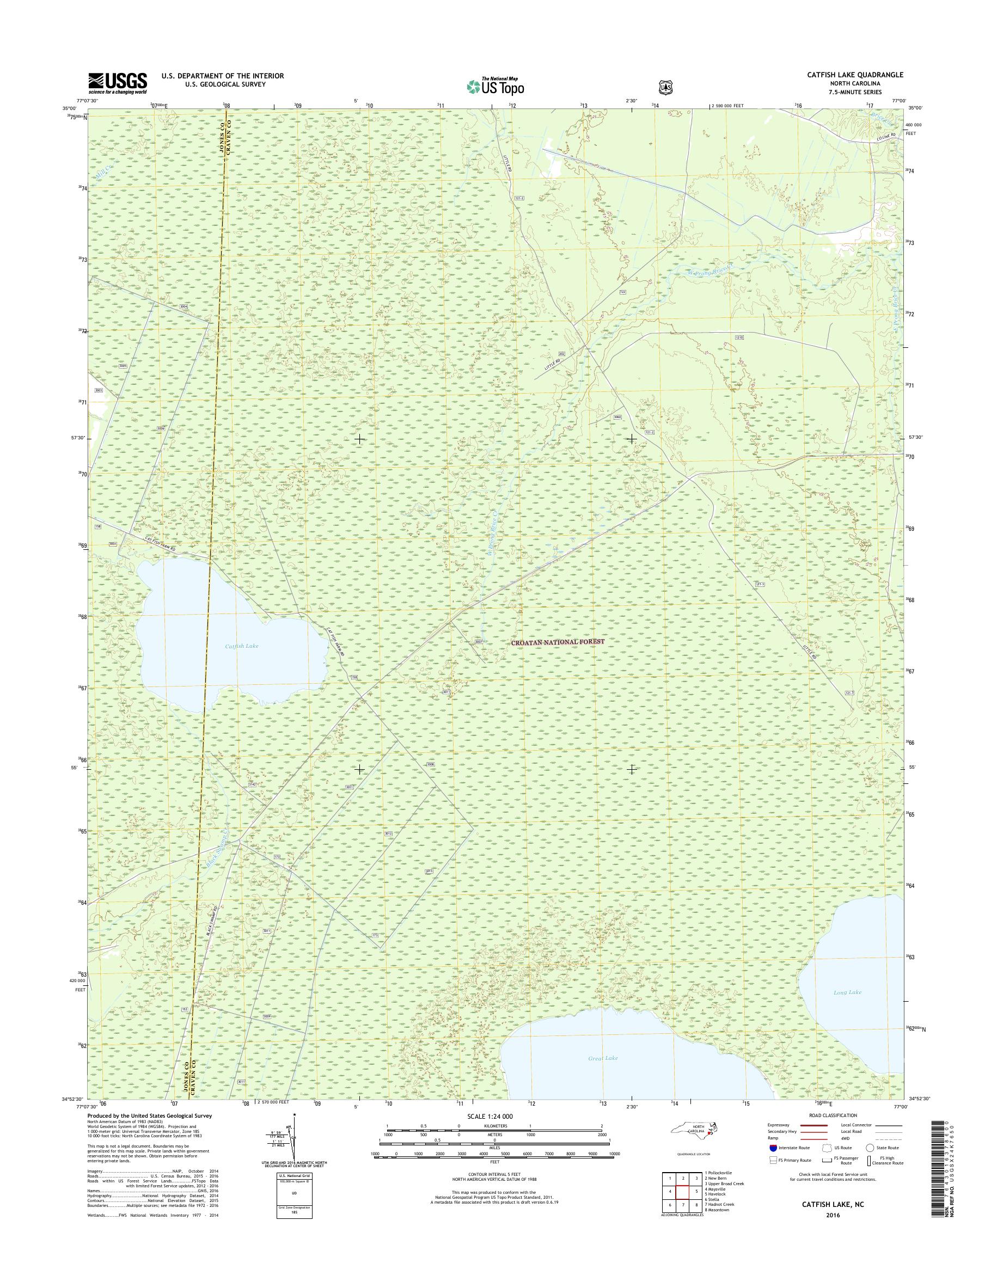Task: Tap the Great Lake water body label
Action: coord(603,1058)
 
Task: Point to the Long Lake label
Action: coord(847,992)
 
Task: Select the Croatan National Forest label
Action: coord(558,642)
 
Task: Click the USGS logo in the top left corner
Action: coord(117,83)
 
